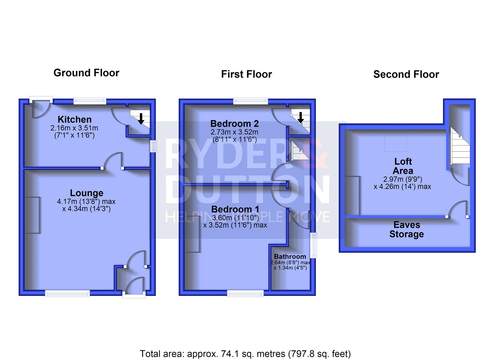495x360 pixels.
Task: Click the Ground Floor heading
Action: (x=86, y=73)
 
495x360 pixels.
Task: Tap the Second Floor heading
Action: (x=406, y=75)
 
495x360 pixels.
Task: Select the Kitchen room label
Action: (x=75, y=119)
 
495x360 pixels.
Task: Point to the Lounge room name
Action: (x=87, y=193)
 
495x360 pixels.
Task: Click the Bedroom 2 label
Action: (x=235, y=124)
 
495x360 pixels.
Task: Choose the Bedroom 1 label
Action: (x=235, y=210)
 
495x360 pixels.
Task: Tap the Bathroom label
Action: (x=290, y=257)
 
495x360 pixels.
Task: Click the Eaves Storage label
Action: (x=407, y=229)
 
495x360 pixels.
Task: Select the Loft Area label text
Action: (x=403, y=166)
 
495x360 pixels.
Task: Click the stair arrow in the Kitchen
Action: (x=141, y=119)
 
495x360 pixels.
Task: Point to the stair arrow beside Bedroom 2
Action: (x=300, y=118)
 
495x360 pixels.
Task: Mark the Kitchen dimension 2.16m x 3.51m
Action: (x=74, y=128)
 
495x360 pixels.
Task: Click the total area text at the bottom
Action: (x=245, y=354)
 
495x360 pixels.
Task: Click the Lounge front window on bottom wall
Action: (x=67, y=293)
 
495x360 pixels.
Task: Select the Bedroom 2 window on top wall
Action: (x=251, y=101)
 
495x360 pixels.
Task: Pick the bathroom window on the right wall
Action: (x=313, y=245)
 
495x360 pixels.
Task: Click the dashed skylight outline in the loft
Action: (x=395, y=141)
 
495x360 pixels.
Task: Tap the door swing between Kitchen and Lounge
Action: (x=113, y=161)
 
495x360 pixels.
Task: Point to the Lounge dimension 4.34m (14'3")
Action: (x=86, y=209)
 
